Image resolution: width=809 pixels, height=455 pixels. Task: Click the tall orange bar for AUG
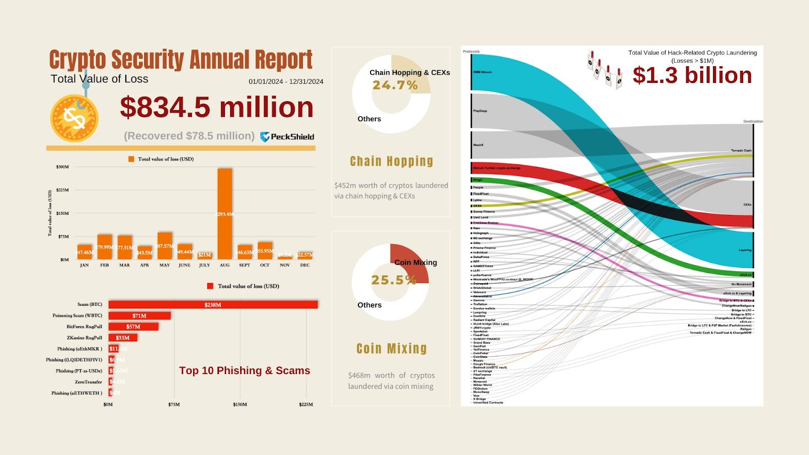[x=224, y=213]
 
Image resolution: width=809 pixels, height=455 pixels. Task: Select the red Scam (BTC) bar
[x=213, y=305]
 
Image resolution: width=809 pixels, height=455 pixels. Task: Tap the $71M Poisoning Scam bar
[x=140, y=316]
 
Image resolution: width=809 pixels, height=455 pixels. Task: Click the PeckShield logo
[x=287, y=136]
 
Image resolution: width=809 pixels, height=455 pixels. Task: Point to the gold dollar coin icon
[x=74, y=118]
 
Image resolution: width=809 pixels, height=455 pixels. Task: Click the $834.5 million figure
[x=216, y=108]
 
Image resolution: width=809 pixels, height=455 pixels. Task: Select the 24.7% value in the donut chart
[x=395, y=85]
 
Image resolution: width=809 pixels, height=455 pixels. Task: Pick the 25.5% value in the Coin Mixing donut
[x=393, y=280]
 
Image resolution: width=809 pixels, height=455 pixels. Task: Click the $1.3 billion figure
[x=692, y=76]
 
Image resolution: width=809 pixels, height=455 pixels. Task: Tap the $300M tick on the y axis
[x=63, y=167]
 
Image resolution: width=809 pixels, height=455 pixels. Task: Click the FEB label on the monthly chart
[x=104, y=265]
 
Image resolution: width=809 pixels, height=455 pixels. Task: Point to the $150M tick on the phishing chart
[x=240, y=404]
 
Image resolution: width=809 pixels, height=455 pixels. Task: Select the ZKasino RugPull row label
[x=84, y=338]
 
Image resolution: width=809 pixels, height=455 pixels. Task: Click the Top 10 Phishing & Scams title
[x=244, y=371]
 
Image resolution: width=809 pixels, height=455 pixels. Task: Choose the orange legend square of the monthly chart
[x=131, y=159]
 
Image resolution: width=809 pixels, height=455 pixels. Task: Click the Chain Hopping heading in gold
[x=391, y=161]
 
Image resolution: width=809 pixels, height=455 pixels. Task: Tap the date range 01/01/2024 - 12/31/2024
[x=286, y=81]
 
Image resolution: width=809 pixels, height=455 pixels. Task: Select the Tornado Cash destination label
[x=741, y=151]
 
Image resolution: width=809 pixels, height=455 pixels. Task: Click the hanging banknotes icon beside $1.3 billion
[x=604, y=69]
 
